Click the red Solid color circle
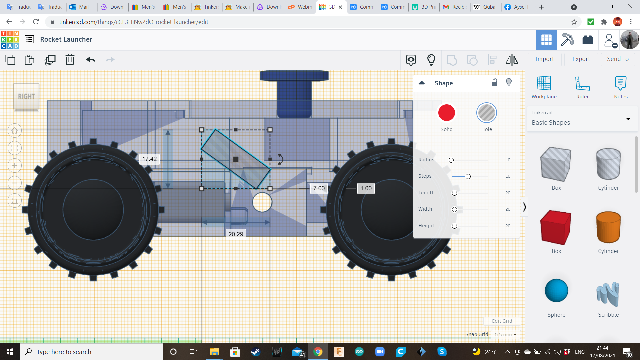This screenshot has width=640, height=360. [446, 113]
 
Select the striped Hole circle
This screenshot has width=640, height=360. [486, 113]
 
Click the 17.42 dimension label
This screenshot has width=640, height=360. [149, 159]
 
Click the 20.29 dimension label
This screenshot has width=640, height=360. [236, 234]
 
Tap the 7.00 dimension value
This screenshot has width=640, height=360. [319, 188]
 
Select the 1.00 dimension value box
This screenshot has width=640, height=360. [366, 188]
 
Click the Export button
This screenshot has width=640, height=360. [581, 59]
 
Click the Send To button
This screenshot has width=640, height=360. [618, 59]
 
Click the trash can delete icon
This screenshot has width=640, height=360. [70, 60]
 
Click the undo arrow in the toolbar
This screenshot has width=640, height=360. [91, 60]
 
